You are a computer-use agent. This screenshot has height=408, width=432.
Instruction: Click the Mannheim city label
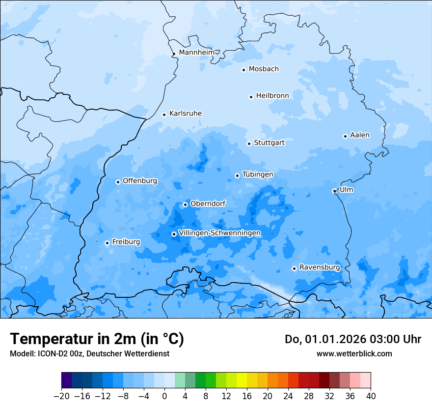(196, 52)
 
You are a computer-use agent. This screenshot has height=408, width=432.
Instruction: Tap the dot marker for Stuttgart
(249, 144)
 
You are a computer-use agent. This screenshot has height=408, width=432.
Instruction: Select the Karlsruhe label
(186, 114)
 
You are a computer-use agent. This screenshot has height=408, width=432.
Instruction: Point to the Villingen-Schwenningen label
(220, 233)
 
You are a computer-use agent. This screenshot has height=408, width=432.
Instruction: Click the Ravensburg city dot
(294, 268)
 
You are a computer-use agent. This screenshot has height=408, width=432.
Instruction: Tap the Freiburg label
(126, 242)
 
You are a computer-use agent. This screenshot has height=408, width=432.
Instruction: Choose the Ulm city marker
(334, 191)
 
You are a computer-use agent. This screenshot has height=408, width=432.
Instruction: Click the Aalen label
(360, 135)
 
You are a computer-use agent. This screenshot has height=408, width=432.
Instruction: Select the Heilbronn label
(272, 96)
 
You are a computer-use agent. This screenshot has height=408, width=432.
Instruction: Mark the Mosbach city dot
(243, 70)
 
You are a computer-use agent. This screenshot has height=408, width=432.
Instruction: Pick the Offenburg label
(140, 181)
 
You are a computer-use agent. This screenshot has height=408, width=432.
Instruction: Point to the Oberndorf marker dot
(185, 204)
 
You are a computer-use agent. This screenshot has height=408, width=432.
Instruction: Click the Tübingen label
(258, 175)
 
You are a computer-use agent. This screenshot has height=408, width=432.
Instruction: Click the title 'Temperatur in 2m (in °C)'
(97, 339)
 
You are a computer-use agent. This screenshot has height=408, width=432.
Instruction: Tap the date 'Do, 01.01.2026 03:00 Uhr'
(353, 339)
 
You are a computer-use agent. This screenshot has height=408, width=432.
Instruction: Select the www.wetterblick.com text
(354, 353)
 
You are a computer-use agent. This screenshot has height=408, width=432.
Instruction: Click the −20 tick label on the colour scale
(61, 396)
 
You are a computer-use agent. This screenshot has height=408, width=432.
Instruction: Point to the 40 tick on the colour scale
(371, 396)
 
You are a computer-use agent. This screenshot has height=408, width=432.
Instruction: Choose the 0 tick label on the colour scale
(164, 396)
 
